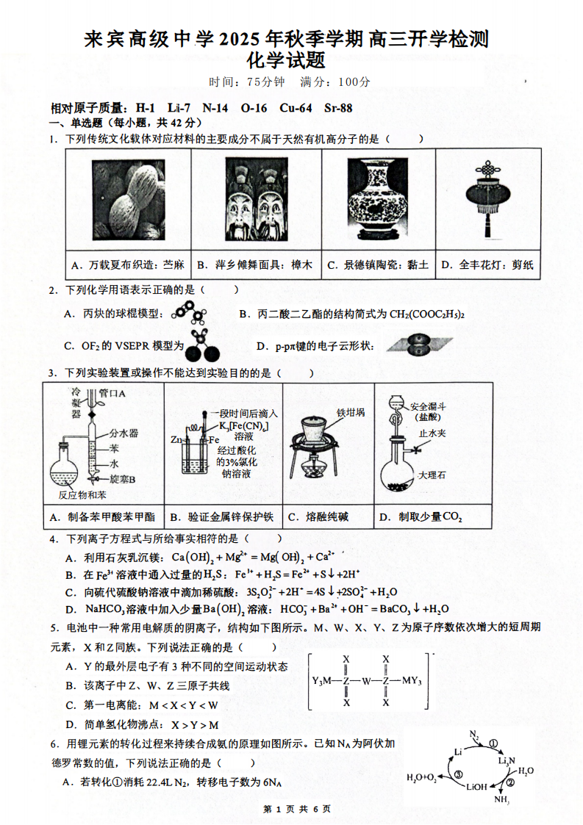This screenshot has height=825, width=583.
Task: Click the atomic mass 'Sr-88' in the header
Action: [x=338, y=108]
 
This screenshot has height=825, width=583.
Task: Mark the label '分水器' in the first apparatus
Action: [x=124, y=433]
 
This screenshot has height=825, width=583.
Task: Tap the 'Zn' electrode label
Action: [x=176, y=439]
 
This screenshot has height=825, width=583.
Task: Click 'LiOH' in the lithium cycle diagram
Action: [x=476, y=786]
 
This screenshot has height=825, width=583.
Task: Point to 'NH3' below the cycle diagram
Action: [x=502, y=800]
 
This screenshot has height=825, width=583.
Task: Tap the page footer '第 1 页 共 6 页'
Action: [x=291, y=809]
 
